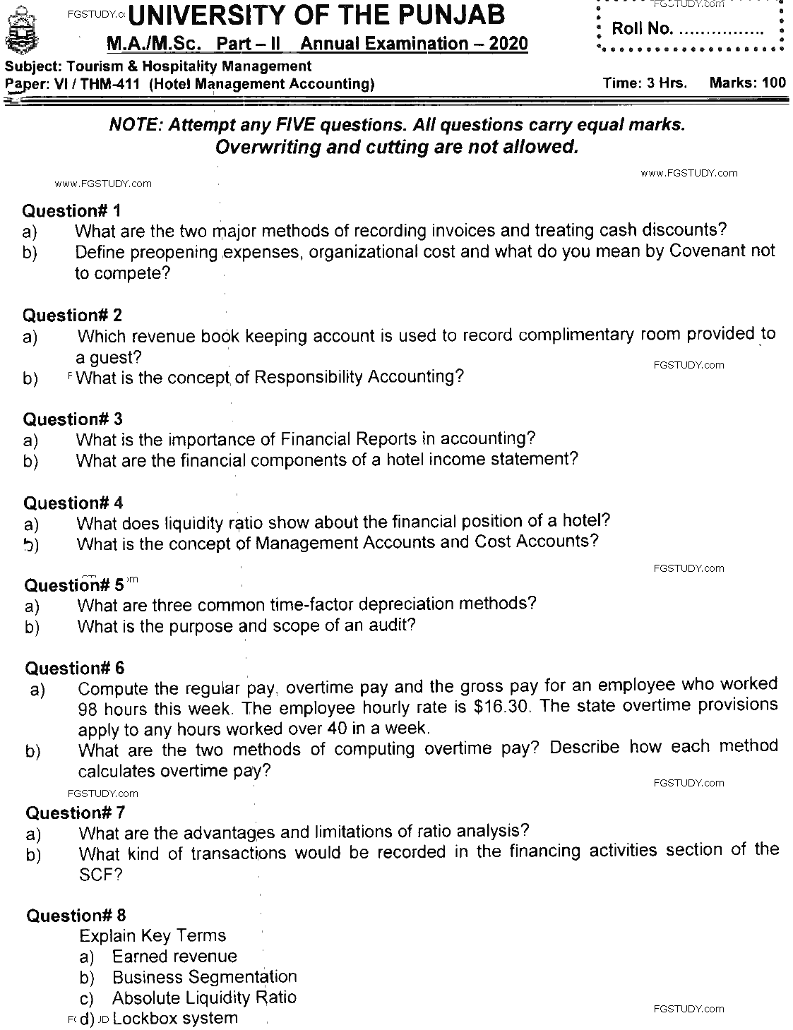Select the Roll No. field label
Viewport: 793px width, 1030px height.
pyautogui.click(x=641, y=30)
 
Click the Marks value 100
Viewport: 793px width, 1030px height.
pyautogui.click(x=774, y=83)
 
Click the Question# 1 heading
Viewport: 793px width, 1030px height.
pyautogui.click(x=73, y=210)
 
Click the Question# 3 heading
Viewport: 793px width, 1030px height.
pyautogui.click(x=73, y=420)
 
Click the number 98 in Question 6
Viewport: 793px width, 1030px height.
pyautogui.click(x=87, y=709)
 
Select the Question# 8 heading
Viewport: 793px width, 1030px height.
pyautogui.click(x=76, y=916)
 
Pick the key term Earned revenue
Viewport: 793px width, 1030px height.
pyautogui.click(x=174, y=957)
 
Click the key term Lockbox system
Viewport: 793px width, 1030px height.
pyautogui.click(x=174, y=1019)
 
